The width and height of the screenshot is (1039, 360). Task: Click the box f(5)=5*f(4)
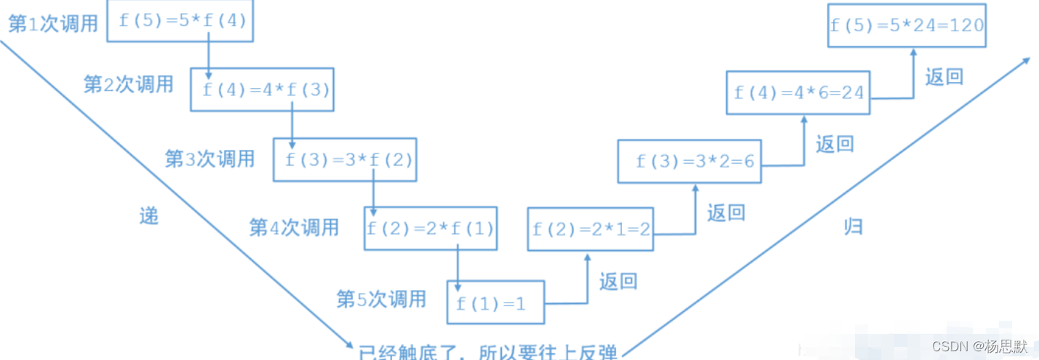click(181, 21)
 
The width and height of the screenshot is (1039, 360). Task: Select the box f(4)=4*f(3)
click(262, 89)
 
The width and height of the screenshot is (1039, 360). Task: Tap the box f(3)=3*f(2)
click(346, 159)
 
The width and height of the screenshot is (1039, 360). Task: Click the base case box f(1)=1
click(495, 303)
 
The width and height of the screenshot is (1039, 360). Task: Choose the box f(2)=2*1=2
click(591, 229)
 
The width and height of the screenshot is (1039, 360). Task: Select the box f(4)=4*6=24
click(798, 92)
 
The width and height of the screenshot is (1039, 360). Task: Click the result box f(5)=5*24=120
click(907, 25)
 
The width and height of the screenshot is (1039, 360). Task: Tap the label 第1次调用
click(53, 24)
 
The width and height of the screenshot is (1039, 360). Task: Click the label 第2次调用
click(129, 84)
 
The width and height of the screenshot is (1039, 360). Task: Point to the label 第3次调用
click(210, 158)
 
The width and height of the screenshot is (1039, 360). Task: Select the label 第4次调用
click(294, 227)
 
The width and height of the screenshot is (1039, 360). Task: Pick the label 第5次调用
click(381, 298)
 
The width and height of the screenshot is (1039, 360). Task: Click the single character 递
click(148, 215)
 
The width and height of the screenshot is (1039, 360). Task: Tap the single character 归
click(853, 226)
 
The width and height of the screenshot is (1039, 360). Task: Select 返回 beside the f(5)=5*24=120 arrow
click(944, 76)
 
